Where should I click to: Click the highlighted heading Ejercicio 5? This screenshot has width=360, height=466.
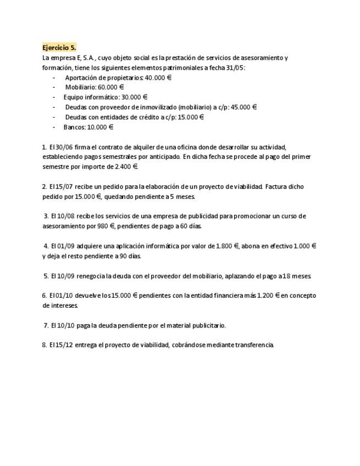pos(59,48)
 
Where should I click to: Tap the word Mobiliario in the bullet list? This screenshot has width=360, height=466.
pos(80,87)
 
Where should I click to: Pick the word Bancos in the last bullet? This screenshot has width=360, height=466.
pos(74,127)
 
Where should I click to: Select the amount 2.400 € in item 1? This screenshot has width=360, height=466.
pos(126,167)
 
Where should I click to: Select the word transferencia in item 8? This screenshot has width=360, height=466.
pos(254,345)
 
